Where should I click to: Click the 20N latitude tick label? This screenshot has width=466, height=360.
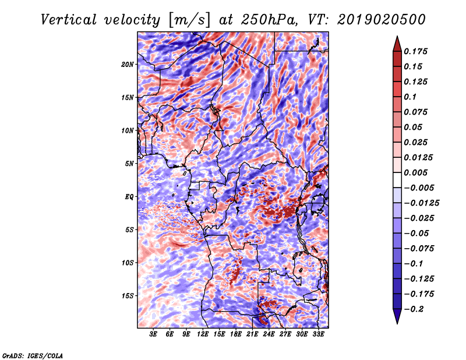(x=128, y=64)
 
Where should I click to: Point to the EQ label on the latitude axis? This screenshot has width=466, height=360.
(x=129, y=196)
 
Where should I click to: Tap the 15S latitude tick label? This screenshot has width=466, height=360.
(x=128, y=295)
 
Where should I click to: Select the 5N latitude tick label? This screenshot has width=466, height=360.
(x=129, y=164)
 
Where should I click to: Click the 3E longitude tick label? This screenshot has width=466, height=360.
(x=153, y=334)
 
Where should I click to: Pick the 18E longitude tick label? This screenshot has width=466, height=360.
(x=236, y=334)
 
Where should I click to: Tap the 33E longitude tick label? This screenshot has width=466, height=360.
(x=318, y=334)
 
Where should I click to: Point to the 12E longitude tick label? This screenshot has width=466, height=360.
(x=203, y=334)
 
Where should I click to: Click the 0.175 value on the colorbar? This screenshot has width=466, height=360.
(x=415, y=51)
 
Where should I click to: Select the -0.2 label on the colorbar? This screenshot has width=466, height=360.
(x=413, y=309)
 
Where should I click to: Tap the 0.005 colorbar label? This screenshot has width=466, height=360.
(x=415, y=172)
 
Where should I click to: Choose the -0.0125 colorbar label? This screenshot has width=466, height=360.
(x=421, y=203)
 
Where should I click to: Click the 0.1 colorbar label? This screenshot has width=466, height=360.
(x=410, y=97)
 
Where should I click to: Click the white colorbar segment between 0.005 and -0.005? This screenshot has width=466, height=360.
(x=397, y=180)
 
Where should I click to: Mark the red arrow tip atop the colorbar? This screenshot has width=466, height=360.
(x=397, y=37)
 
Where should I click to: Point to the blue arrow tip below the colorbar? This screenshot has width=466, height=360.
(x=397, y=323)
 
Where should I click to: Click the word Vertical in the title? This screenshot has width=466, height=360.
(x=69, y=20)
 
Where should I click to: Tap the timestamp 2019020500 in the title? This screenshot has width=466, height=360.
(x=382, y=20)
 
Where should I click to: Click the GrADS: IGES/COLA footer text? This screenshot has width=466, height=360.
(x=33, y=355)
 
